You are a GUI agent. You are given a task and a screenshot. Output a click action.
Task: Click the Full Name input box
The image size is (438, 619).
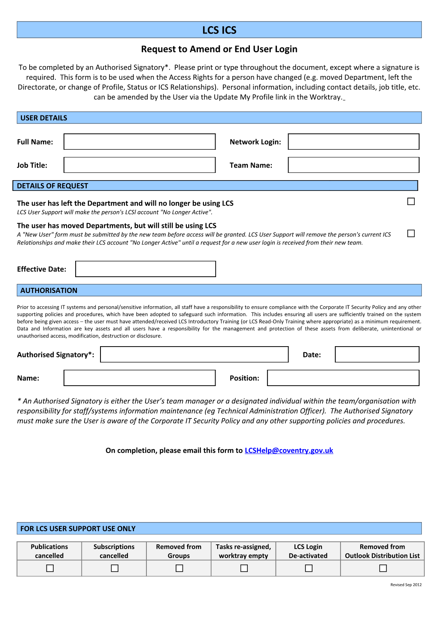coord(140,142)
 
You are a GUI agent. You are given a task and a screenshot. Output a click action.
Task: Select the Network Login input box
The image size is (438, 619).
coord(353,142)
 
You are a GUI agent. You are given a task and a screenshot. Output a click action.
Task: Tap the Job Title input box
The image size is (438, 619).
coord(140,165)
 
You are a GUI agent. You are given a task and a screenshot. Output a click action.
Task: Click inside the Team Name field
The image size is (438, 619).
coord(353,165)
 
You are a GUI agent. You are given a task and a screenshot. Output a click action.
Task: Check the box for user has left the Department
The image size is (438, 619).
coord(411,201)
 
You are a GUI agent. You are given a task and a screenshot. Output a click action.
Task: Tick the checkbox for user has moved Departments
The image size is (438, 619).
coord(411,233)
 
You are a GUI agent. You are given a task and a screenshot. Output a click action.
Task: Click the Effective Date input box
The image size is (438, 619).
coord(146,269)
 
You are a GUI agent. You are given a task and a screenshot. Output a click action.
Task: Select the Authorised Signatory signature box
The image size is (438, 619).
coord(194,354)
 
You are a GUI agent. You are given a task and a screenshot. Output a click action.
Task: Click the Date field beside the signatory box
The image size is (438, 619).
coord(377,354)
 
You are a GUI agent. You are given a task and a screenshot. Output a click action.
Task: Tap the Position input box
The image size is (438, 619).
coord(343,378)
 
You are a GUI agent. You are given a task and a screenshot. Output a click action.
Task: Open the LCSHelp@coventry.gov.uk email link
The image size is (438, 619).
coord(289,450)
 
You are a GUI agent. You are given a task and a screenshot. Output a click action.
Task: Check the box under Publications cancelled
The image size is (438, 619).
coord(50,568)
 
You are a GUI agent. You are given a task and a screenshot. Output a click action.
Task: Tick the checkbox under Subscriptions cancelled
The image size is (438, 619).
coord(115,568)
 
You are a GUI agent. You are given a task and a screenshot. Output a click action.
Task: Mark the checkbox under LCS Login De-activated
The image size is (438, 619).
coord(309,568)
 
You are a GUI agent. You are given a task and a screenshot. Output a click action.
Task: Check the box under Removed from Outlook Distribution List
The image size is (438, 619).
coord(383,568)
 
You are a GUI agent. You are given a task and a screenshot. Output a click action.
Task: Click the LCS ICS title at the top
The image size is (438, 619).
coord(219,30)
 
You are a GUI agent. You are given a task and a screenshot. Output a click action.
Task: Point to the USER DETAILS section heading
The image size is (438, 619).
coord(44,118)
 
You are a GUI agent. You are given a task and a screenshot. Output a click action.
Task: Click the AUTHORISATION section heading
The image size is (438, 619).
coord(49,290)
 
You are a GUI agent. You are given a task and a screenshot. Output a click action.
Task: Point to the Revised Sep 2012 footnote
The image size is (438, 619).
coord(406,585)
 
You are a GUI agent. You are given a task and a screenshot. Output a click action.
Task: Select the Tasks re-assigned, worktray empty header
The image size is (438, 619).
coord(243,551)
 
